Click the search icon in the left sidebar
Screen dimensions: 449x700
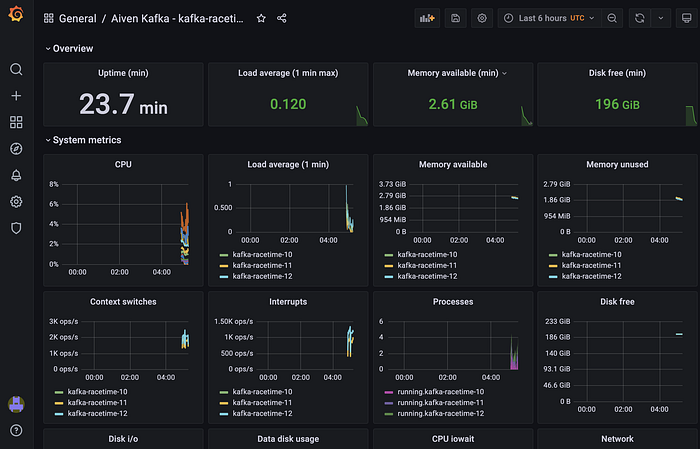click(16, 70)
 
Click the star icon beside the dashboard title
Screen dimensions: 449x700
click(261, 18)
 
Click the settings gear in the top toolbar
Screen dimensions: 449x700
click(482, 18)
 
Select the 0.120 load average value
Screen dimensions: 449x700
click(288, 104)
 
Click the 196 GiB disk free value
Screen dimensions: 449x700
click(617, 104)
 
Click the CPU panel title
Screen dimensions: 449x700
click(123, 164)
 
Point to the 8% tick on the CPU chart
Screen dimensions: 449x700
click(54, 185)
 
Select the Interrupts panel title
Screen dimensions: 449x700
click(288, 301)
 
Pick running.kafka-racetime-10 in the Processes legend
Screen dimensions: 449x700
click(440, 391)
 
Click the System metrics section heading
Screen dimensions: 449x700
click(88, 140)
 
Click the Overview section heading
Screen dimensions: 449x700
click(73, 48)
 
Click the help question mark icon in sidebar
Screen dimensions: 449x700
click(16, 430)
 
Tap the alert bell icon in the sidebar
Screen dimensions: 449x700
click(16, 175)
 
